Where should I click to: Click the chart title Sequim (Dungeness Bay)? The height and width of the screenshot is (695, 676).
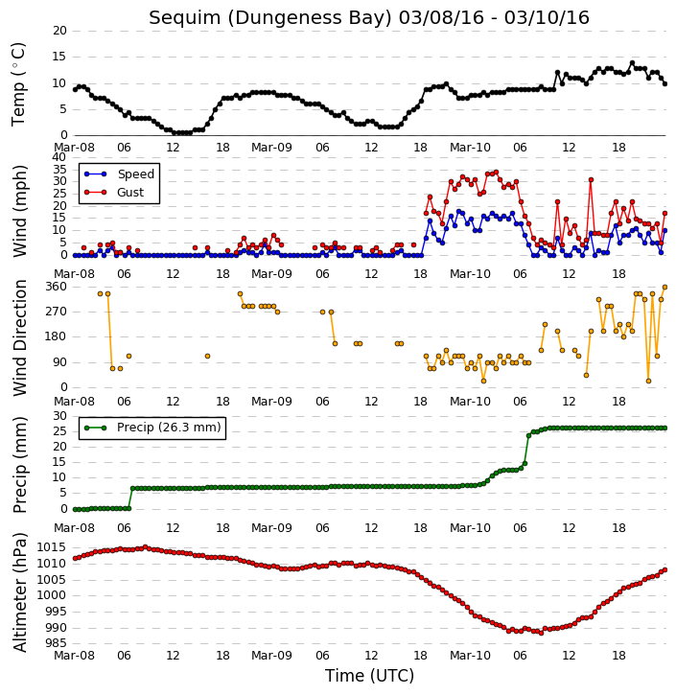coord(270,18)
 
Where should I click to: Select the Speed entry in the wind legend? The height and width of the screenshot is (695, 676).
coord(135,174)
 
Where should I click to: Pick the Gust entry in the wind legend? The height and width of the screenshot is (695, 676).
coord(130,193)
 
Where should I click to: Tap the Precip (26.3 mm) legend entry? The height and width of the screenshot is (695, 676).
coord(169,428)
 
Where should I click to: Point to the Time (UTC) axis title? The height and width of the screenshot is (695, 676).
coord(369,676)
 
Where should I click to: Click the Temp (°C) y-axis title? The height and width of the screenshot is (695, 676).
coord(18,84)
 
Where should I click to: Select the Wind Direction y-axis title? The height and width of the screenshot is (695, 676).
coord(19,338)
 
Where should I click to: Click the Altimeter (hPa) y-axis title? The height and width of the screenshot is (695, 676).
coord(19,592)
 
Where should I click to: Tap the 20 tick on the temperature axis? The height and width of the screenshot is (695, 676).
coord(59,31)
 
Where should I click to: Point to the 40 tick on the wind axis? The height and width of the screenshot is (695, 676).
coord(59,157)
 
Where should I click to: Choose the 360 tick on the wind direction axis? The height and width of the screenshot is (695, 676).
coord(57,287)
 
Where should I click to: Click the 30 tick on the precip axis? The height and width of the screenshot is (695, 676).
coord(59,416)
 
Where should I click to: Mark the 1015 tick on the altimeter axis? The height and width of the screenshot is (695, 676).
coord(53,547)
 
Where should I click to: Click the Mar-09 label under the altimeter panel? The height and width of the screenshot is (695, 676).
coord(271,655)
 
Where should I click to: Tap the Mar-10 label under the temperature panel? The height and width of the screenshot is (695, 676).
coord(470,148)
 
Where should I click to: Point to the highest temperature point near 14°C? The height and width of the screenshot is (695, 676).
coord(633,63)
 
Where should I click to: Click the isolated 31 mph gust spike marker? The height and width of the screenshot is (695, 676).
coord(591,180)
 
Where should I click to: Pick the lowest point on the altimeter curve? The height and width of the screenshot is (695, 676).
coord(541,633)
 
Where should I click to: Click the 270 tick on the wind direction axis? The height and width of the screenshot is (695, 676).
coord(57,313)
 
